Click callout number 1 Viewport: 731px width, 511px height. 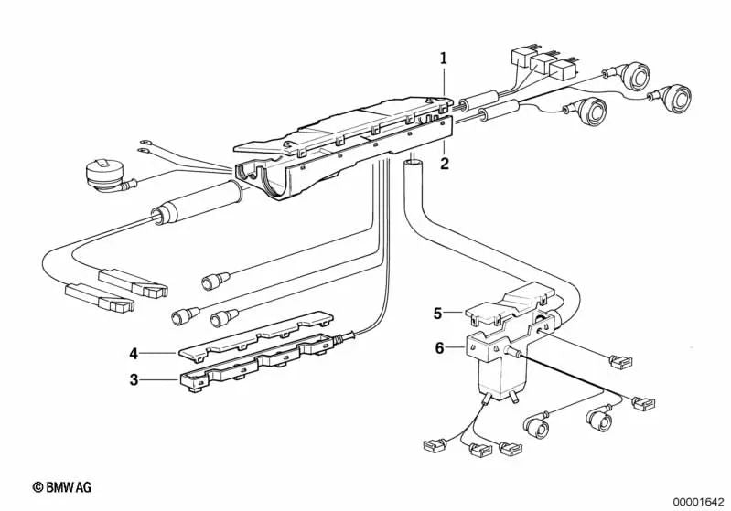coord(444,59)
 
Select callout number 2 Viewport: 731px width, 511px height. coord(444,165)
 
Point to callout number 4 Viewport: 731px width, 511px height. coord(134,352)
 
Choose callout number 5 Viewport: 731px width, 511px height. coord(438,313)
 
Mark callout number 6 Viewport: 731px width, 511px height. coord(438,348)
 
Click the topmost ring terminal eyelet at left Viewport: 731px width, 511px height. coord(143,143)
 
